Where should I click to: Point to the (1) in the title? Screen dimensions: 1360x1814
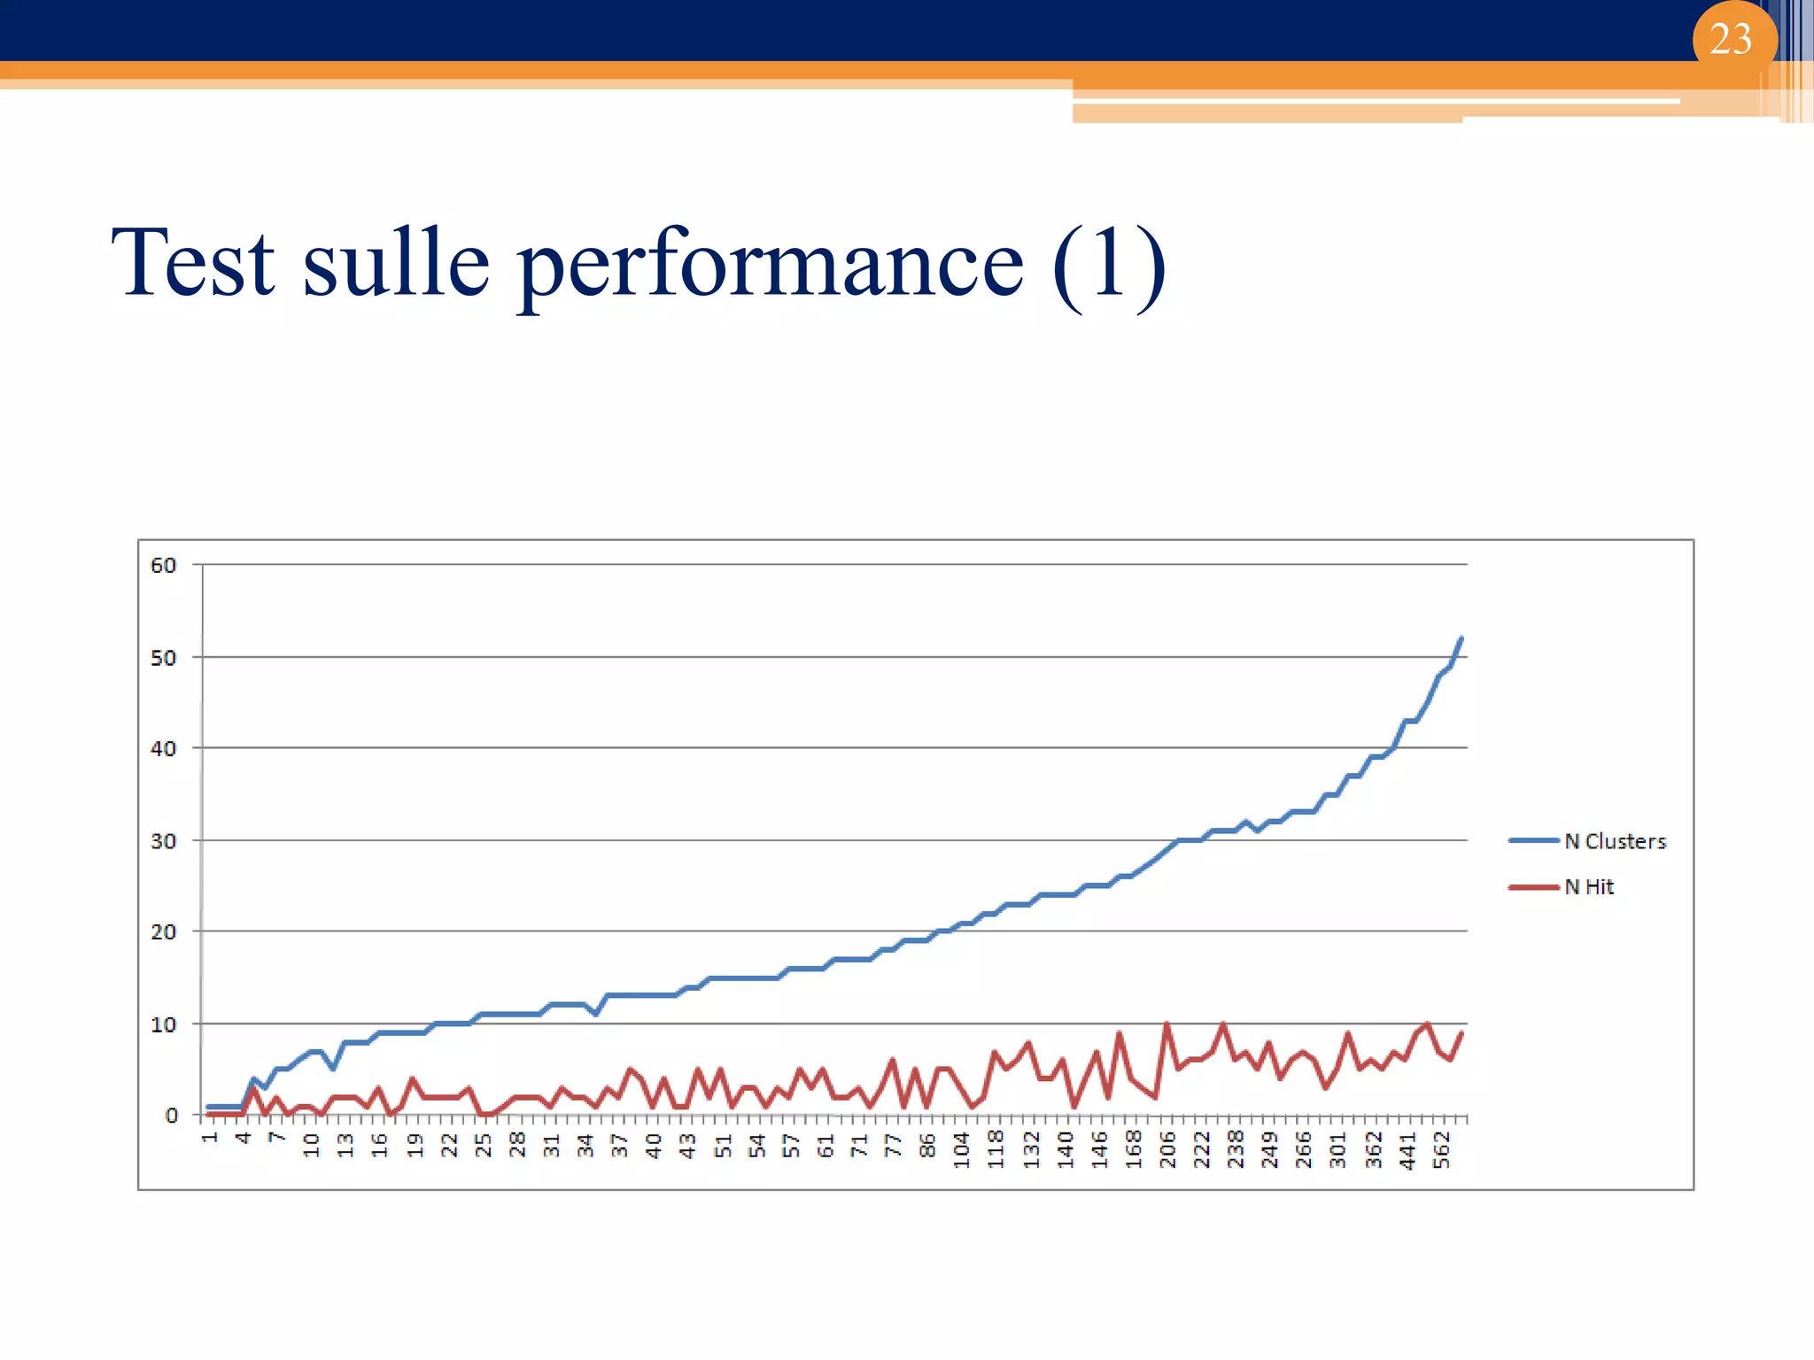(1109, 264)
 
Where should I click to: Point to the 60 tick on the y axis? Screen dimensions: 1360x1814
(164, 565)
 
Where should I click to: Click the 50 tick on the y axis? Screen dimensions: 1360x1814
(164, 658)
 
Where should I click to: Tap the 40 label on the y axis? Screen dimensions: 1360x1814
(164, 749)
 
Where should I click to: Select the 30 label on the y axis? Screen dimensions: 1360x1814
(164, 841)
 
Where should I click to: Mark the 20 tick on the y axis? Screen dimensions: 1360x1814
(164, 932)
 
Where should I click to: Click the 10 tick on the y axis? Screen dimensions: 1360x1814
(164, 1024)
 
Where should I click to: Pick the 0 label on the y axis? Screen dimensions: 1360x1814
(171, 1116)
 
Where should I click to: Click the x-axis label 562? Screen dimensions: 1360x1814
(1442, 1149)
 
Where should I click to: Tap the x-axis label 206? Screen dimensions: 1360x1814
(1167, 1149)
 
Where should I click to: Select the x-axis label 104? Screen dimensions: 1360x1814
(962, 1149)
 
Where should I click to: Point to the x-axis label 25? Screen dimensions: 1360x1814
(483, 1145)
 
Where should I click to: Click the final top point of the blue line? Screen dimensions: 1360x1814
(1461, 637)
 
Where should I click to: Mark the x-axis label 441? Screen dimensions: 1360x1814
(1407, 1149)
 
